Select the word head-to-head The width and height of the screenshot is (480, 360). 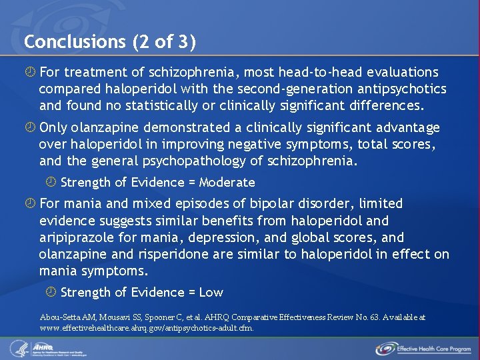pos(307,72)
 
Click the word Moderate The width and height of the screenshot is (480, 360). pos(227,182)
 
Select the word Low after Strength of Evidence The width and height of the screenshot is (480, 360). pos(211,292)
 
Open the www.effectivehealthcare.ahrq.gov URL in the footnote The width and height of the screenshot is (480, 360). pos(147,328)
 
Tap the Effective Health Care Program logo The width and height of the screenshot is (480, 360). pos(423,348)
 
